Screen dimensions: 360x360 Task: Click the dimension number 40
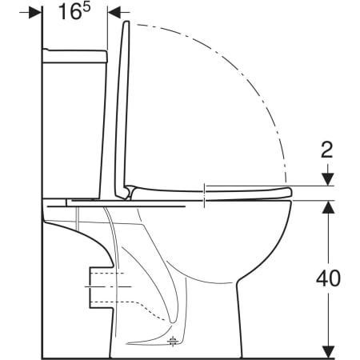tap(328, 278)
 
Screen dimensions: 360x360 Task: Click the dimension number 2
tap(327, 150)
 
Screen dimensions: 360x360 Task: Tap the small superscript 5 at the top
tap(86, 7)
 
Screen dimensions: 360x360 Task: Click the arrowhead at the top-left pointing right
tap(34, 13)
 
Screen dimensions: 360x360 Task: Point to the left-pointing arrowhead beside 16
tap(114, 12)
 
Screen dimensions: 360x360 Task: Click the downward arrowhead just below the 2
tap(328, 179)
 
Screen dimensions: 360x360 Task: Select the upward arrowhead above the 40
tap(328, 206)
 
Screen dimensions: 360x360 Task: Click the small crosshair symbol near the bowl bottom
tap(173, 341)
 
